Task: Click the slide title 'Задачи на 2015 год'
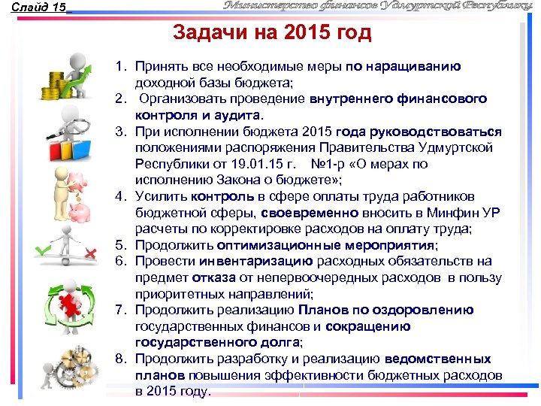point(272,34)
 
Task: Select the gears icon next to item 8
point(71,368)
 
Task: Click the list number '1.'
point(120,67)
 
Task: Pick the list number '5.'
point(120,245)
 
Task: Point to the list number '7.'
point(120,311)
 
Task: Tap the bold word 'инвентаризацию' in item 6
point(255,262)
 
